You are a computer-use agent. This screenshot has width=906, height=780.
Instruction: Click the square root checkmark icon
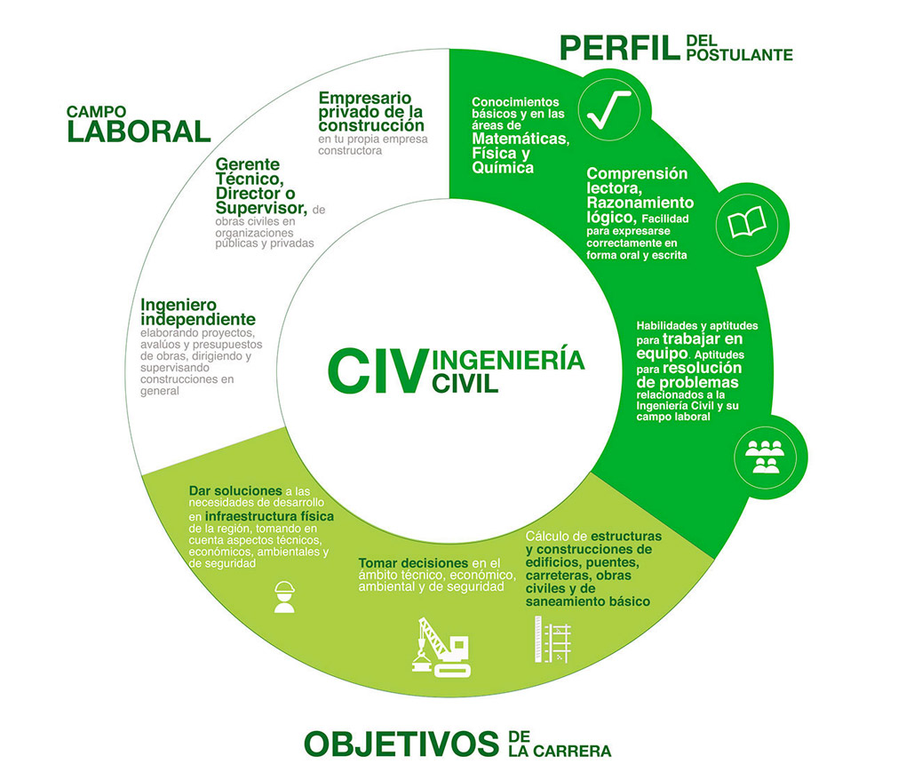[x=608, y=109]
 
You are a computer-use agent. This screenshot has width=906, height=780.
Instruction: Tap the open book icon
[x=746, y=222]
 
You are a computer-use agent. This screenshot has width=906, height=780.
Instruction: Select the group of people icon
[x=765, y=457]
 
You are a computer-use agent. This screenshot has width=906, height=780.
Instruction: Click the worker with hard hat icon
[x=284, y=597]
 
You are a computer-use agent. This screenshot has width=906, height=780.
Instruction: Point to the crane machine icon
[x=441, y=647]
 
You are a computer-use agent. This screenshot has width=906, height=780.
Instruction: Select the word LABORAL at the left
[x=139, y=131]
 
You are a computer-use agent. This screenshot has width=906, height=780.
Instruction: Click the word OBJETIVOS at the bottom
[x=401, y=744]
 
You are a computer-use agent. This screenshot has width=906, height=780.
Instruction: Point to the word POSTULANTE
[x=740, y=55]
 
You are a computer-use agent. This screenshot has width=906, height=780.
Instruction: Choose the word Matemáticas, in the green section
[x=521, y=139]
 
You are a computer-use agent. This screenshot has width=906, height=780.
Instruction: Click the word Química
[x=503, y=168]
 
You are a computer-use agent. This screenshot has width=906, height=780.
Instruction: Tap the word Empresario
[x=364, y=98]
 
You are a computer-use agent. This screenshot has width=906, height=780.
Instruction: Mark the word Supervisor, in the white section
[x=261, y=208]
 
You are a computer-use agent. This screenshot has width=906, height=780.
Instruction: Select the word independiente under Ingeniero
[x=197, y=320]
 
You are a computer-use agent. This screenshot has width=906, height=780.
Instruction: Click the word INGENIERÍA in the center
[x=508, y=360]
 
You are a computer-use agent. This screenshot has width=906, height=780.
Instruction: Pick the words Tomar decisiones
[x=413, y=562]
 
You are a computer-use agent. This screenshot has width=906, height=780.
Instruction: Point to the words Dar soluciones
[x=235, y=491]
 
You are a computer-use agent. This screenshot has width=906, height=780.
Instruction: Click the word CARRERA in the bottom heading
[x=572, y=751]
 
